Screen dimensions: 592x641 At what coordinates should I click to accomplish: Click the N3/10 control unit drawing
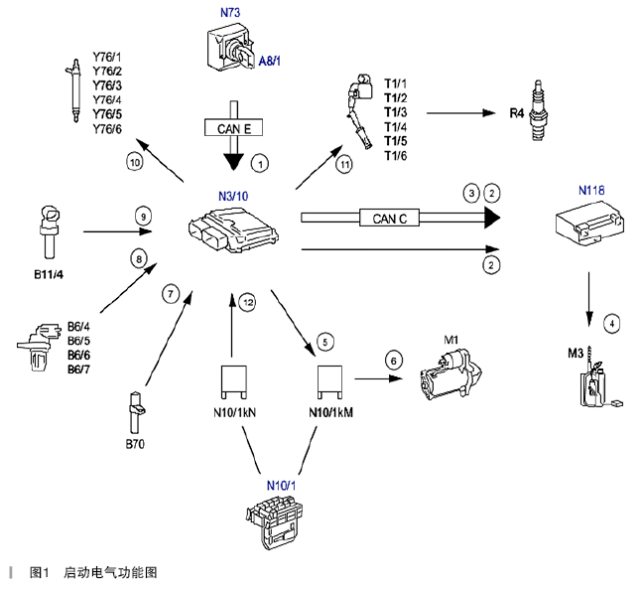pos(232,229)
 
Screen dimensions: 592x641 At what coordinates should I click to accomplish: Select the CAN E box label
pos(234,126)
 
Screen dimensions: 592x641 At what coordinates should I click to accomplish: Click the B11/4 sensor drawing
pos(51,232)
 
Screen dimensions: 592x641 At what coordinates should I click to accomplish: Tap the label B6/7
pos(80,370)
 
